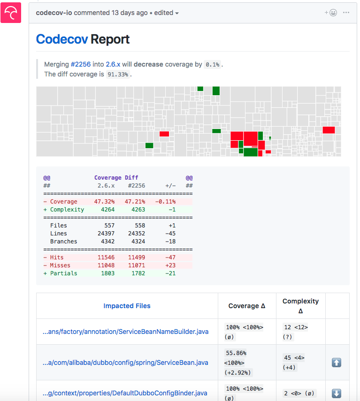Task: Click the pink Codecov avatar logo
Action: (11, 13)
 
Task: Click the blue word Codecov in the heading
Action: (61, 39)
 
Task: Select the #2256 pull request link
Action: (80, 64)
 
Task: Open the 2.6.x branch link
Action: (113, 64)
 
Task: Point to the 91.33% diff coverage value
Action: (117, 75)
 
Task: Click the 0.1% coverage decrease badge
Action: (212, 65)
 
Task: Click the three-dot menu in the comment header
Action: (346, 13)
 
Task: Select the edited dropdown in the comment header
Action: (167, 13)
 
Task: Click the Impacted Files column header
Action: (127, 306)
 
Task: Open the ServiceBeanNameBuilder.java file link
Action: (125, 332)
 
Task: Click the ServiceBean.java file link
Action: (125, 363)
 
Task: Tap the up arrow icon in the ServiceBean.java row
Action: (337, 363)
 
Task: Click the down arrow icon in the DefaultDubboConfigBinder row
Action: (337, 393)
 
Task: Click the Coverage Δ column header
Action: (247, 306)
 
